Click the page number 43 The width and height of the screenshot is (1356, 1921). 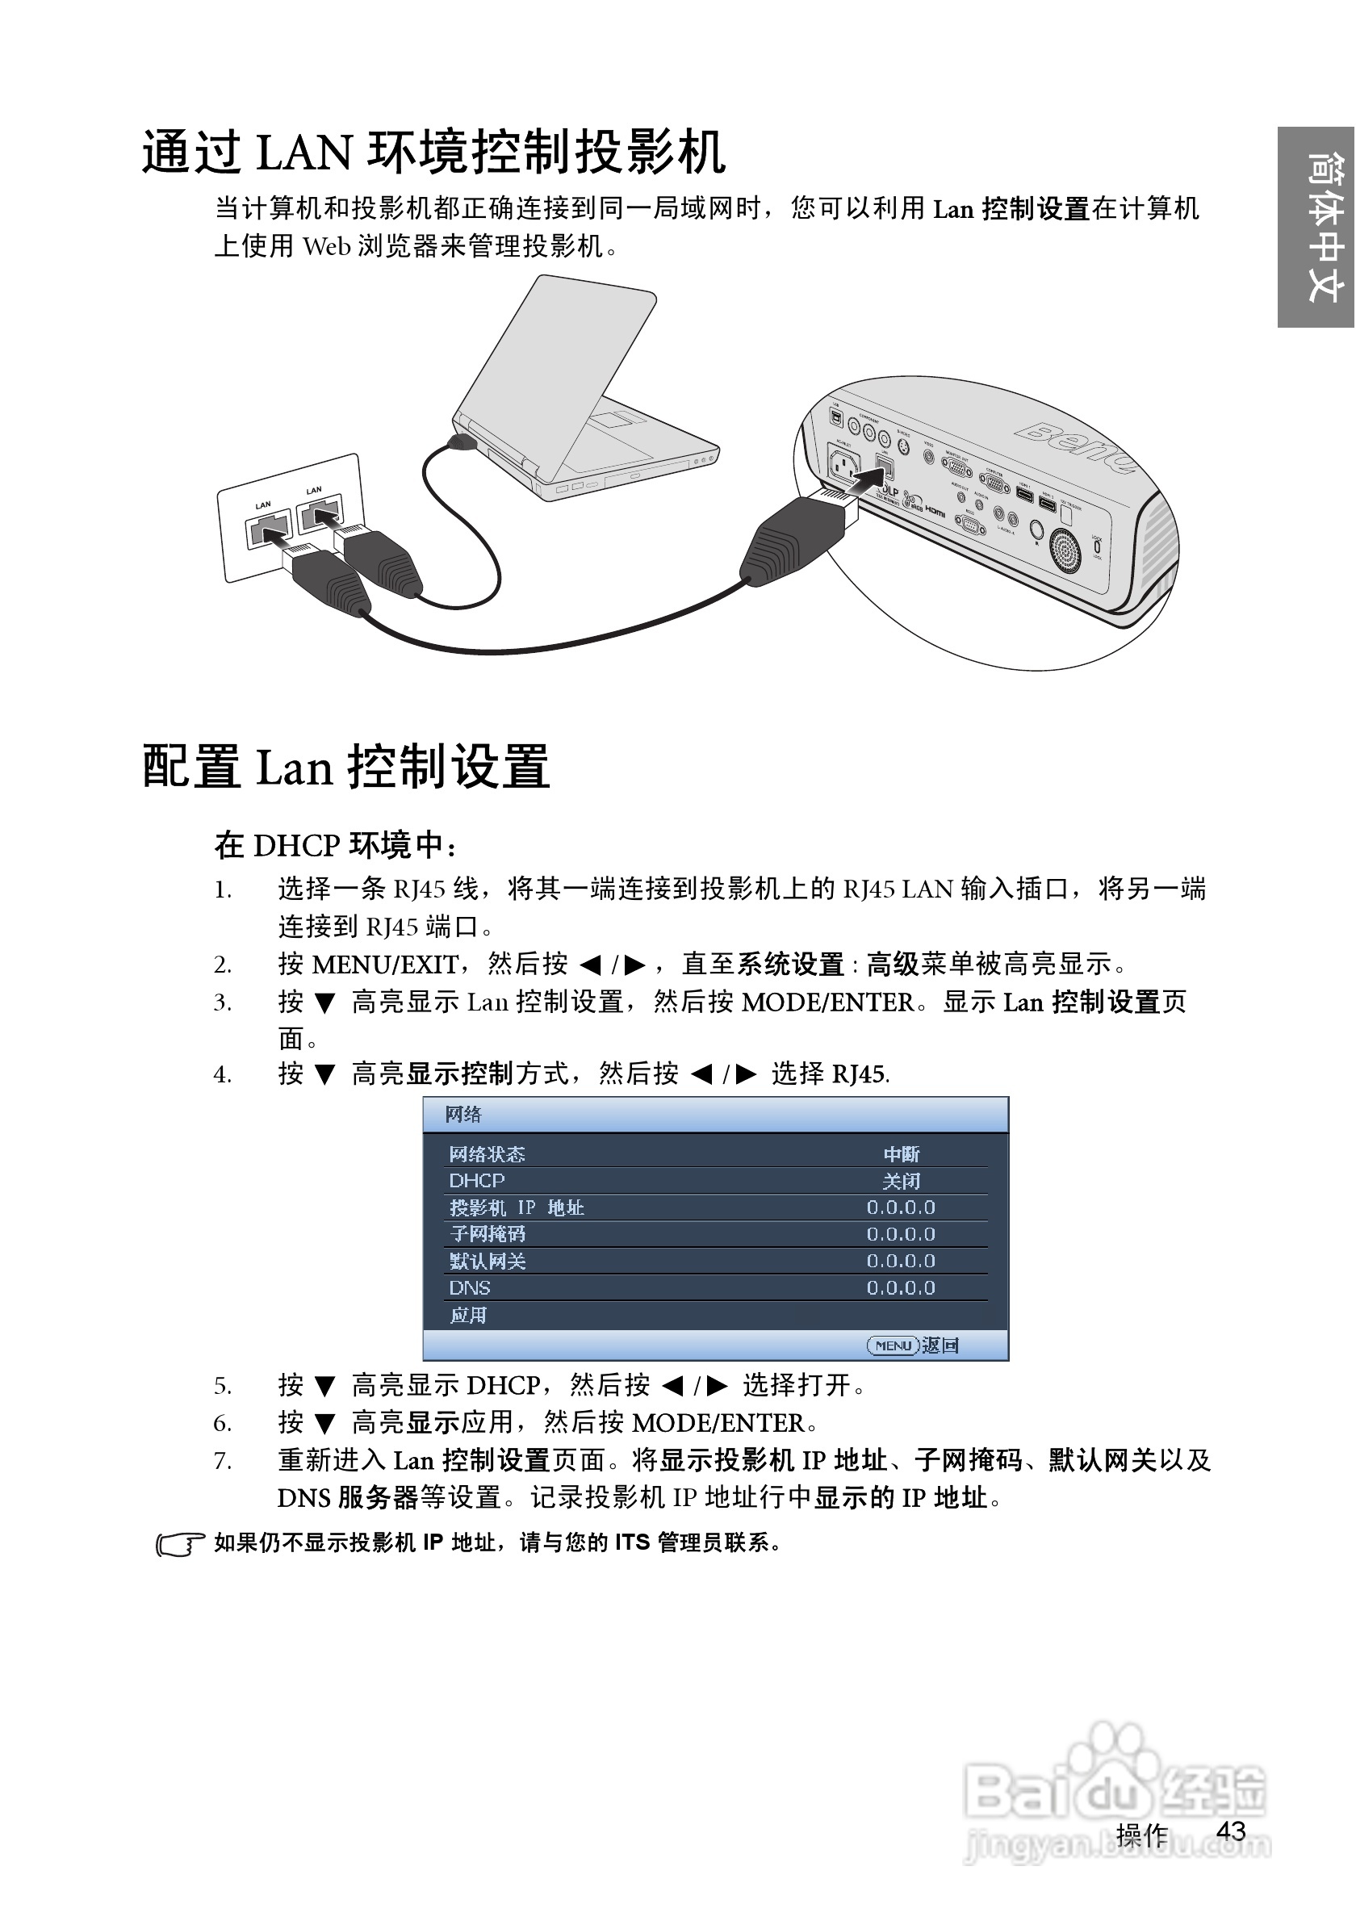[x=1231, y=1831]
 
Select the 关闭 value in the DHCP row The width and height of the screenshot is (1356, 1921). [x=901, y=1181]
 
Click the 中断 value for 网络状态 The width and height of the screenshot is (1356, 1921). [x=901, y=1153]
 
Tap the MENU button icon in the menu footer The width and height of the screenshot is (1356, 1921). [x=893, y=1346]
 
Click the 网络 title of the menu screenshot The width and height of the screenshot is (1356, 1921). [x=463, y=1115]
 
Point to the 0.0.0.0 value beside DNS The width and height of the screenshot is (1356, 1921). [x=901, y=1287]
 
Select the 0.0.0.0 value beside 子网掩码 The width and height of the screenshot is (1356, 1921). [x=901, y=1234]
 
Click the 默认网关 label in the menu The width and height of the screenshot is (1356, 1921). [x=488, y=1261]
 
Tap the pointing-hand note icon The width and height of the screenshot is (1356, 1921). [x=179, y=1543]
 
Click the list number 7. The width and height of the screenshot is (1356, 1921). [x=222, y=1462]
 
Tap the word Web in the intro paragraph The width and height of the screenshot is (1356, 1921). [x=326, y=246]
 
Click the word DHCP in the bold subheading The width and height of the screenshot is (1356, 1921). [x=296, y=846]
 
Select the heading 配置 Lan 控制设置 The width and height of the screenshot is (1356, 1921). [x=345, y=767]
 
